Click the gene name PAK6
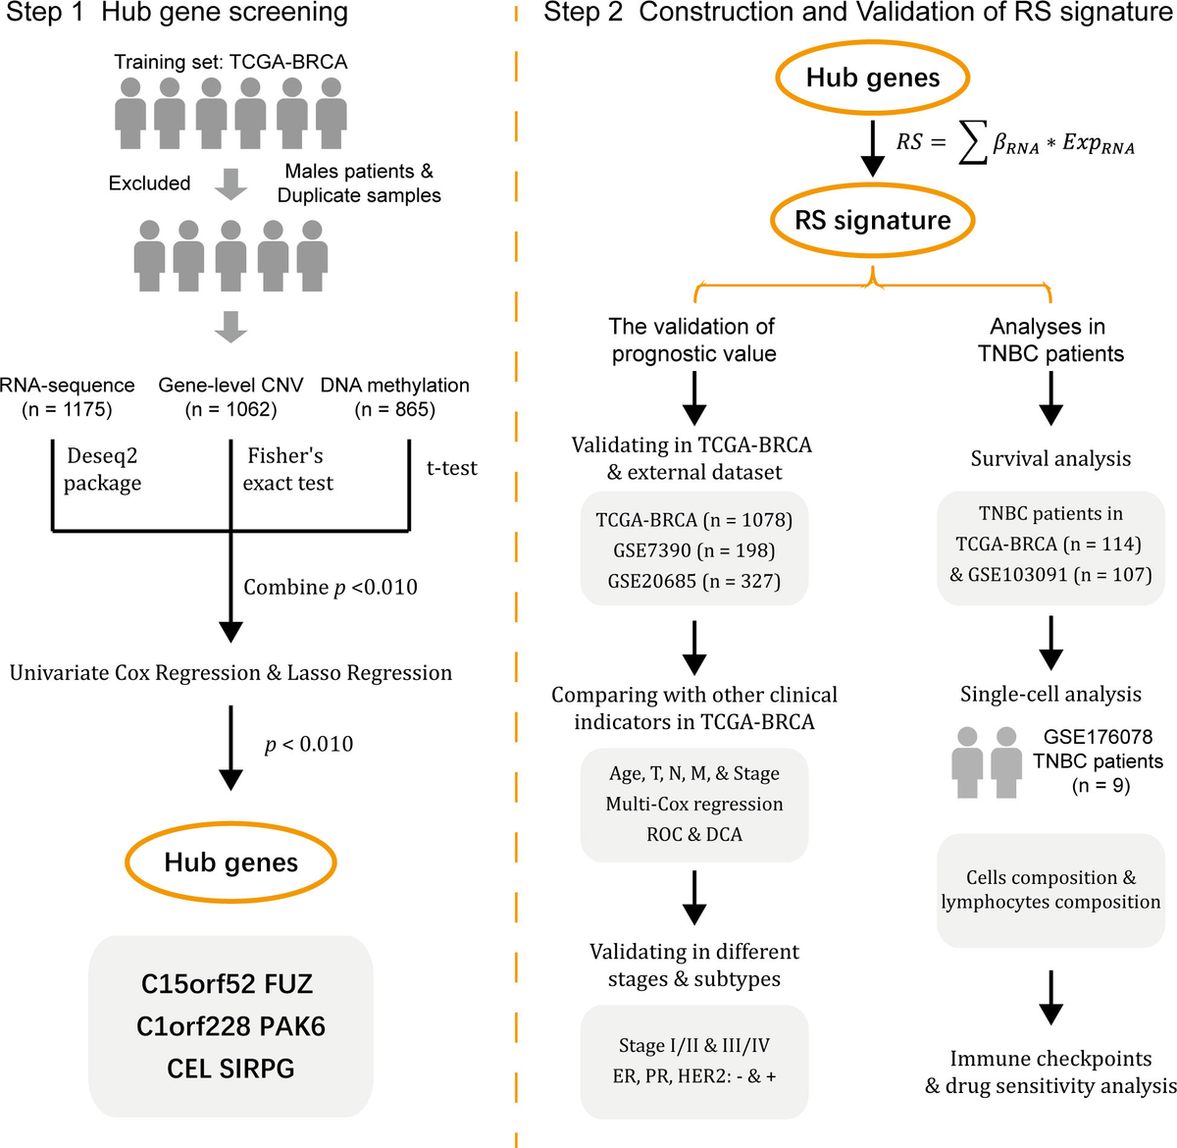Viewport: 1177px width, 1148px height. coord(292,1026)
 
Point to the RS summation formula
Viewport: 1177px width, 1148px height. coord(1015,143)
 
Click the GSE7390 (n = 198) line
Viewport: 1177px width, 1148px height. coord(693,550)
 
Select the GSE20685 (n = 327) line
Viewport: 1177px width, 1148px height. coord(693,581)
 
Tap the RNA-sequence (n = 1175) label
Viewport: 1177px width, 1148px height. coord(67,397)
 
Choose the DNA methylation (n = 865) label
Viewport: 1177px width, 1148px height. coord(395,397)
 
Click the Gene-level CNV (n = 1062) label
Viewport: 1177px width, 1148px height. coord(230,397)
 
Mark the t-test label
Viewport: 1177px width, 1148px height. coord(452,468)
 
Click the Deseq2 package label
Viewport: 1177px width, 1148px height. coord(102,469)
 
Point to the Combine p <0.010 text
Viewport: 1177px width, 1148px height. coord(331,587)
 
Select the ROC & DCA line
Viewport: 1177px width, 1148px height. coord(693,835)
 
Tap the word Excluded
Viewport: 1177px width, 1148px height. coord(149,183)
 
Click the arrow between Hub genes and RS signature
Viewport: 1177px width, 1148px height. coord(872,149)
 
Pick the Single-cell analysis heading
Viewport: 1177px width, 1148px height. coord(1050,694)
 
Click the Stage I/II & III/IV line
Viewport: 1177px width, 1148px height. coord(693,1045)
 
